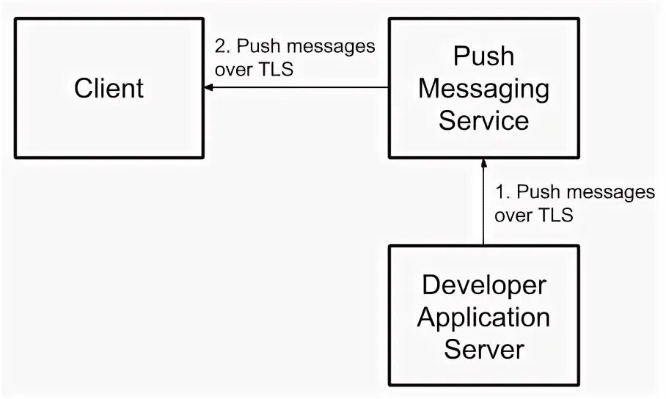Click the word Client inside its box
(x=109, y=89)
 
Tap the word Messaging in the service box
(x=483, y=89)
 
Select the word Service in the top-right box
(x=483, y=120)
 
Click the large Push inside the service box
(x=483, y=56)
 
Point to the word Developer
(x=483, y=286)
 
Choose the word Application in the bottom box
(x=483, y=318)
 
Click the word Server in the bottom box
(x=483, y=349)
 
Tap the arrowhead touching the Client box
(x=209, y=88)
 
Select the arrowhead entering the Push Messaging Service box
(x=483, y=162)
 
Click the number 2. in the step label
(x=222, y=46)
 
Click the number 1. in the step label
(x=502, y=193)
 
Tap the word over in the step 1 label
(x=512, y=216)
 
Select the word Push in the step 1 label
(x=538, y=193)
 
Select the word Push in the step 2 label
(x=257, y=46)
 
